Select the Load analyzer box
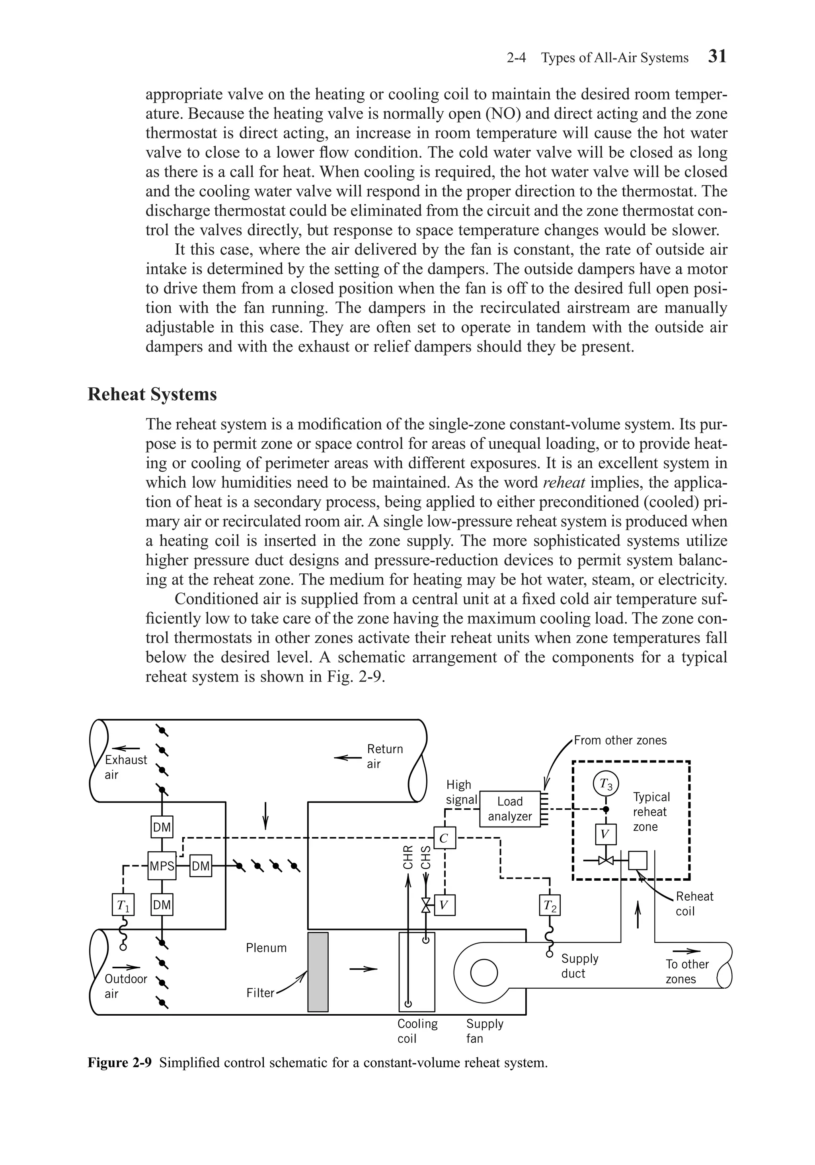point(510,809)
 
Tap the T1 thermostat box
point(123,905)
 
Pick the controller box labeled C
point(444,838)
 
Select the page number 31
point(717,56)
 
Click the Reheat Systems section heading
point(152,394)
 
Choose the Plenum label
point(266,948)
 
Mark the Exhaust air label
point(125,767)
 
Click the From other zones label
point(620,740)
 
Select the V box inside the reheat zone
point(605,834)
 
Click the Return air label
point(384,756)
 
